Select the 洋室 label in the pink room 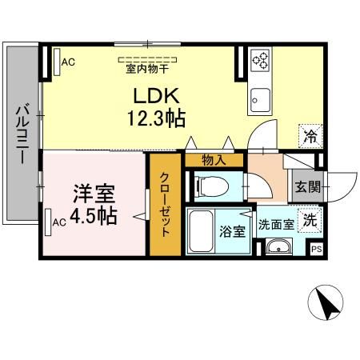94,194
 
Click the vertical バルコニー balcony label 24,133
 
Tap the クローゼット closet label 165,203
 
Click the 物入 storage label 213,160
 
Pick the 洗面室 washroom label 274,224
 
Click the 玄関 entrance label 308,189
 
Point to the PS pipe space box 317,248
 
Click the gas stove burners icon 262,59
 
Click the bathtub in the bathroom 202,231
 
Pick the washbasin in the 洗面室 279,247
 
